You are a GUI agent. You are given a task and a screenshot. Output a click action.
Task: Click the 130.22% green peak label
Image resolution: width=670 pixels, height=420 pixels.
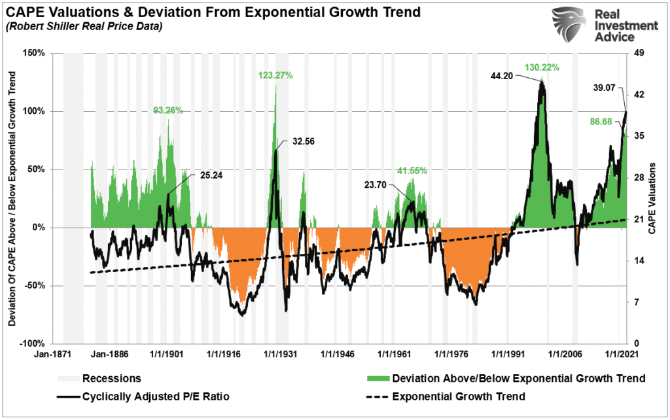click(x=542, y=67)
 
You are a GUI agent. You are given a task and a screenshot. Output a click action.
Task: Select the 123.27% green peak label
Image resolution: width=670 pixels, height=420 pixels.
click(x=275, y=75)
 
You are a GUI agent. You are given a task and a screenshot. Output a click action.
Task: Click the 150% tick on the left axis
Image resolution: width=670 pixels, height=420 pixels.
click(x=32, y=53)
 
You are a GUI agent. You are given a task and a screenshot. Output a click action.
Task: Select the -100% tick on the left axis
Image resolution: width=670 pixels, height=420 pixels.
click(x=30, y=343)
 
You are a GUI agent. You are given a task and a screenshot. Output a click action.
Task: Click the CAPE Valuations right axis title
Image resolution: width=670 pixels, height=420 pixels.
click(x=652, y=199)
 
